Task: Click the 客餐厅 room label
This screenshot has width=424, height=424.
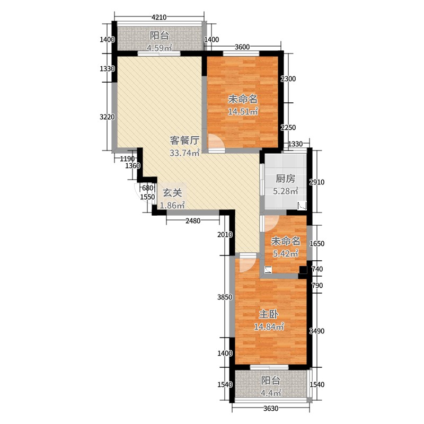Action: pos(184,141)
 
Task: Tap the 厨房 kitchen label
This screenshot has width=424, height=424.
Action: pos(285,179)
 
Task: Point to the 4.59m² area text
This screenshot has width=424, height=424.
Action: pos(160,49)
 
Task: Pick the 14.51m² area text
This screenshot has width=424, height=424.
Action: pos(243,112)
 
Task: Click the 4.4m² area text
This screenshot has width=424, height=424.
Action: pos(270,393)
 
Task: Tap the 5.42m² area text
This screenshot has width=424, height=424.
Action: pos(285,253)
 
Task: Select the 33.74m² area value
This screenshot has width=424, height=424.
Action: pos(184,154)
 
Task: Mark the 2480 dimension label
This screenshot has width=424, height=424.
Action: pos(192,221)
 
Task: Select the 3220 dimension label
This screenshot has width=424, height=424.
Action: pos(108,117)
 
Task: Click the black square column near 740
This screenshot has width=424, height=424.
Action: pos(303,270)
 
